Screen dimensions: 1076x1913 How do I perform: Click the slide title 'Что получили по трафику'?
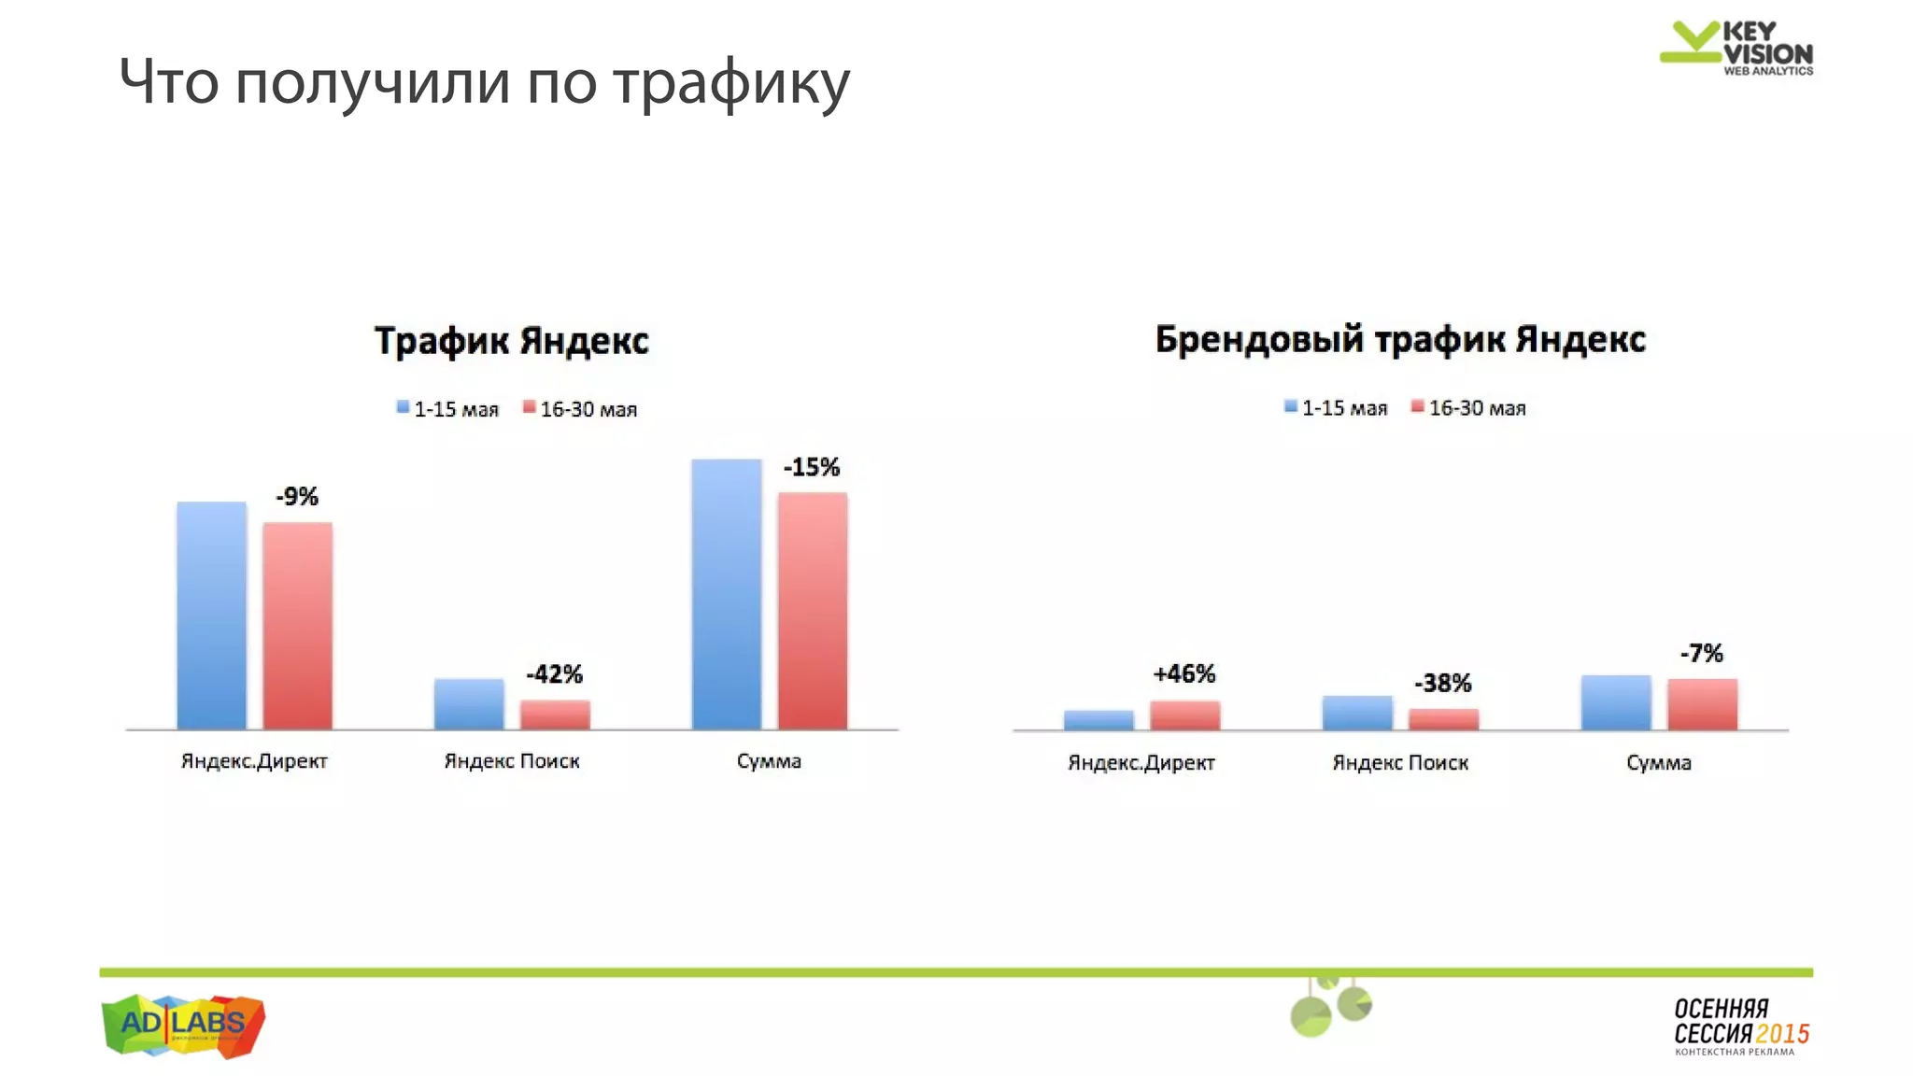[484, 82]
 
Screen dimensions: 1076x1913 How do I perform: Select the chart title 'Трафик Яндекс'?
[511, 341]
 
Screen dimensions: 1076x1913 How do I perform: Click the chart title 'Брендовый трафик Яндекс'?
[1399, 339]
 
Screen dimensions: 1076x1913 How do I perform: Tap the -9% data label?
[297, 496]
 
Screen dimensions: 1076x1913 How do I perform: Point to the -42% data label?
[554, 673]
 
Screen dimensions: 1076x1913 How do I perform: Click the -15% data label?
[811, 467]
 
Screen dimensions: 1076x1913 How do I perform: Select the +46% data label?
[1183, 673]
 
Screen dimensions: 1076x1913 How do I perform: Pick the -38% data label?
[1442, 683]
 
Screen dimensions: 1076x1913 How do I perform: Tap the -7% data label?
[1701, 653]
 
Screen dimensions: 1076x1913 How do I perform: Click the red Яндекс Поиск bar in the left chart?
[555, 715]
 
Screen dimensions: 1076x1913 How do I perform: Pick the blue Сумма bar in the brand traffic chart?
[1616, 702]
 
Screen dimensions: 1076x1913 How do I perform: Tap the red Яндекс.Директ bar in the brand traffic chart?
[1184, 715]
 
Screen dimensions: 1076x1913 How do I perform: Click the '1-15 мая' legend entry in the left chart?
[447, 409]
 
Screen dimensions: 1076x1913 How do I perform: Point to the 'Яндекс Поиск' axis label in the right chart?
[1399, 762]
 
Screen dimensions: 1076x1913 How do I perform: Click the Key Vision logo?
[1736, 48]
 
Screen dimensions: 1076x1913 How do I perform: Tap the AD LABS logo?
[183, 1025]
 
